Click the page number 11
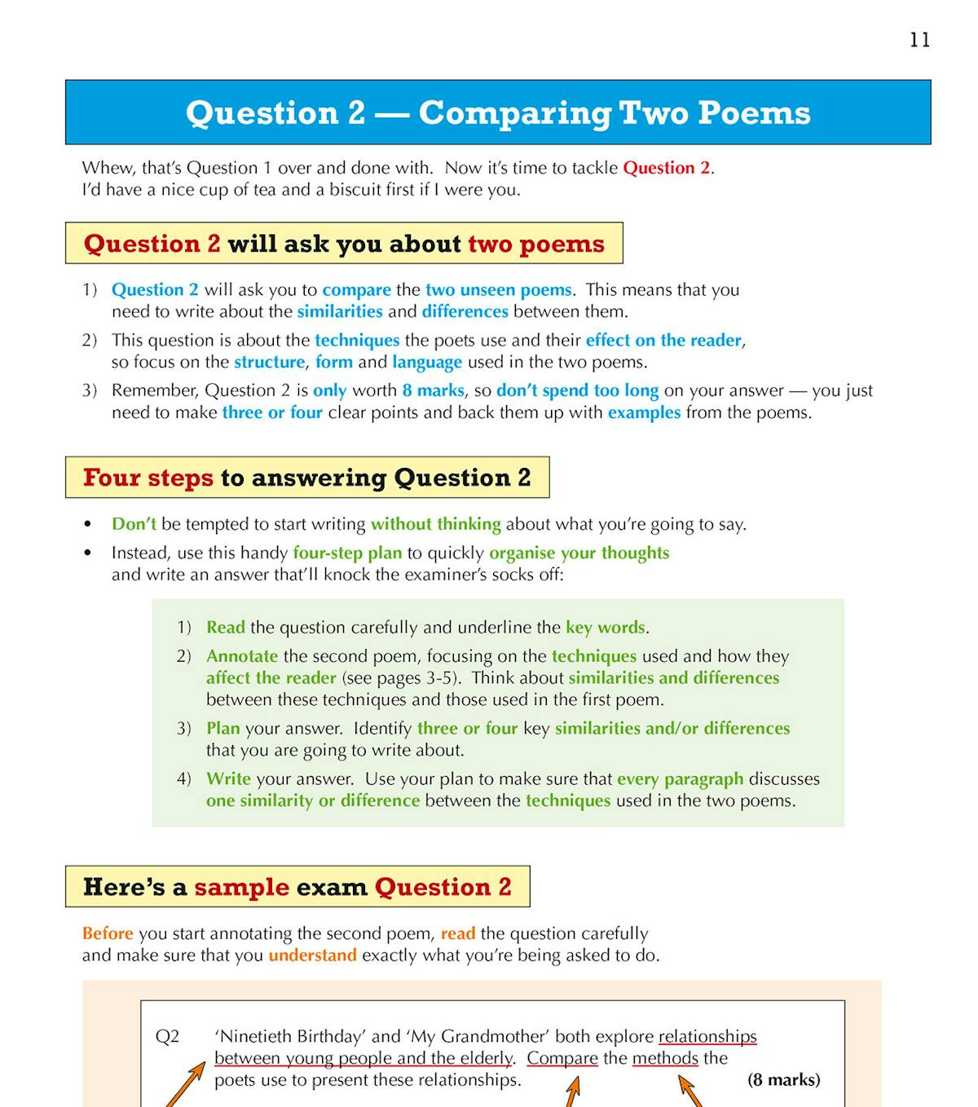pyautogui.click(x=919, y=40)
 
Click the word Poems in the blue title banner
pyautogui.click(x=754, y=112)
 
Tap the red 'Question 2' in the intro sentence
pyautogui.click(x=666, y=168)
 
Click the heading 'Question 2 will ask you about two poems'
pyautogui.click(x=344, y=244)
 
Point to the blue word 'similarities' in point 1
pyautogui.click(x=339, y=311)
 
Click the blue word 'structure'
pyautogui.click(x=269, y=362)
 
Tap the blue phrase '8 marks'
pyautogui.click(x=433, y=390)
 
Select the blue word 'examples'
pyautogui.click(x=644, y=412)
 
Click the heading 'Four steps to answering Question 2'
pyautogui.click(x=306, y=478)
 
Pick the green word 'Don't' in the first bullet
pyautogui.click(x=134, y=524)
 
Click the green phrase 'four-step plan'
pyautogui.click(x=347, y=553)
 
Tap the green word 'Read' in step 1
pyautogui.click(x=225, y=628)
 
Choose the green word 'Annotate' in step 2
pyautogui.click(x=241, y=656)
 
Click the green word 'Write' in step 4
pyautogui.click(x=228, y=778)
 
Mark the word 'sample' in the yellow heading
pyautogui.click(x=241, y=887)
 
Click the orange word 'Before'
pyautogui.click(x=108, y=933)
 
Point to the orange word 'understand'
pyautogui.click(x=312, y=955)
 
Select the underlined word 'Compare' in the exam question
pyautogui.click(x=562, y=1058)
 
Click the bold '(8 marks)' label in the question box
pyautogui.click(x=783, y=1080)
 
